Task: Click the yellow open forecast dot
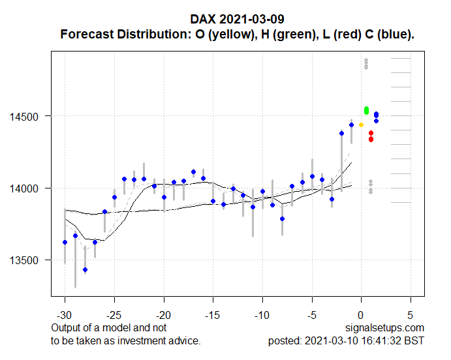coord(361,125)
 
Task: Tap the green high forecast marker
coord(367,110)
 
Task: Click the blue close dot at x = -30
coord(65,242)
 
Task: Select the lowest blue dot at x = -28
coord(85,269)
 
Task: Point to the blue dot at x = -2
coord(341,133)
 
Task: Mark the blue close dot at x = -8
coord(282,218)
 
